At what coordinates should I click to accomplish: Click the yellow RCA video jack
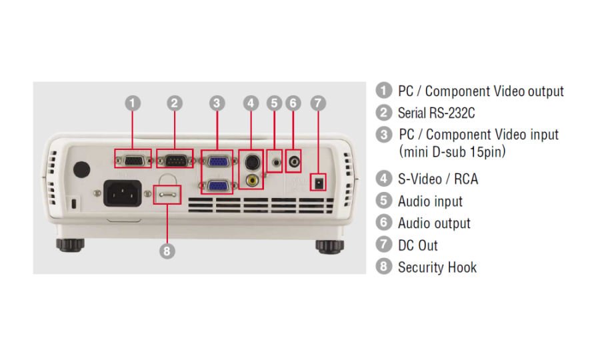pyautogui.click(x=252, y=179)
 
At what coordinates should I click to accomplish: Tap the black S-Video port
pyautogui.click(x=252, y=161)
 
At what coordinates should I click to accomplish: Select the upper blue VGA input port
pyautogui.click(x=217, y=161)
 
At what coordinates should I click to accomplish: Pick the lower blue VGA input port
pyautogui.click(x=217, y=186)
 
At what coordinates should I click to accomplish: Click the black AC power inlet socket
pyautogui.click(x=123, y=193)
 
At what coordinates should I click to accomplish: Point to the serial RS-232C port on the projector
pyautogui.click(x=175, y=161)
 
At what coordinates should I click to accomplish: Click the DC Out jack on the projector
pyautogui.click(x=319, y=183)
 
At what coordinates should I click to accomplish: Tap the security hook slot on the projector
pyautogui.click(x=167, y=195)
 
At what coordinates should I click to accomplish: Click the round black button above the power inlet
pyautogui.click(x=81, y=169)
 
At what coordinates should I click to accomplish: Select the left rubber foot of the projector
pyautogui.click(x=71, y=245)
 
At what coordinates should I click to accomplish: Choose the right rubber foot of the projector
pyautogui.click(x=329, y=246)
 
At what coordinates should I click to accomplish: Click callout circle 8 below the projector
pyautogui.click(x=167, y=251)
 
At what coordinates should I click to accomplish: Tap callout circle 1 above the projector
pyautogui.click(x=133, y=103)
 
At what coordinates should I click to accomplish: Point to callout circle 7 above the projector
pyautogui.click(x=318, y=103)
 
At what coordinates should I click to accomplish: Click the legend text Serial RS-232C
pyautogui.click(x=436, y=113)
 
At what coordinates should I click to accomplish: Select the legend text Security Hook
pyautogui.click(x=437, y=267)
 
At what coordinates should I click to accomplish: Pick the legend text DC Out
pyautogui.click(x=417, y=245)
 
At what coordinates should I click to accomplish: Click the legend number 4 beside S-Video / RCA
pyautogui.click(x=383, y=179)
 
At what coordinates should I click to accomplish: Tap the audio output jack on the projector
pyautogui.click(x=293, y=161)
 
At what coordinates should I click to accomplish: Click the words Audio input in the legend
pyautogui.click(x=430, y=201)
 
